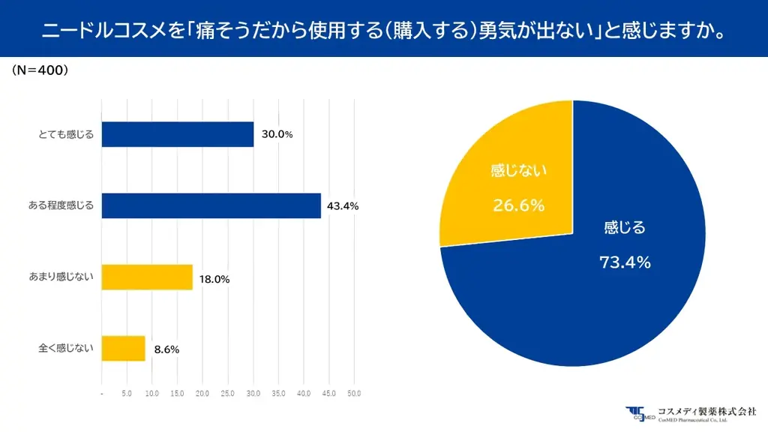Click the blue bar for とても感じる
(x=177, y=134)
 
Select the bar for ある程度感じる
(x=211, y=205)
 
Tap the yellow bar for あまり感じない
(x=147, y=277)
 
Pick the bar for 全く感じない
(x=123, y=348)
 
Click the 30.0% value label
(x=277, y=134)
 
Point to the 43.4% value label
(x=343, y=205)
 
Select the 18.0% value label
(x=214, y=279)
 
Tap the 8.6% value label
(x=166, y=349)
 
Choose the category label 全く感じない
(x=65, y=348)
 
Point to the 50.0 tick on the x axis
(x=354, y=393)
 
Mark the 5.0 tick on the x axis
(x=127, y=393)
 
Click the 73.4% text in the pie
(x=624, y=262)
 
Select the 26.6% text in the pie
(x=518, y=205)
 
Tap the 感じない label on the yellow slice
(x=518, y=171)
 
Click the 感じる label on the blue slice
(x=624, y=228)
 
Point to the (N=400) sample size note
(x=40, y=70)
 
